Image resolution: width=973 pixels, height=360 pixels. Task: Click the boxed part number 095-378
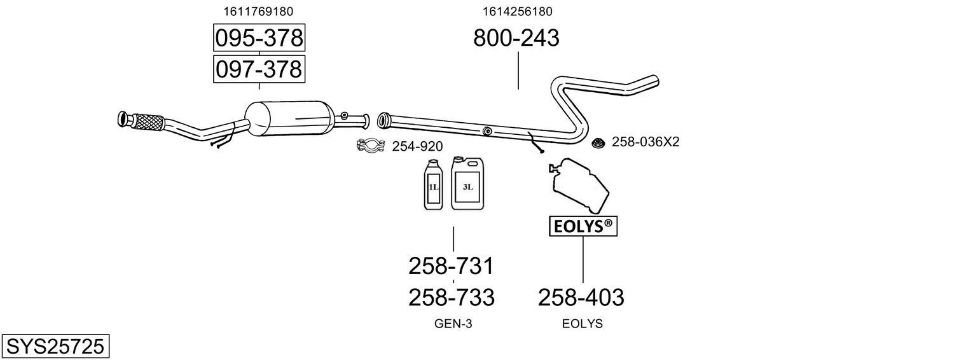(x=259, y=38)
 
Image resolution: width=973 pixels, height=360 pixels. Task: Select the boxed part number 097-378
(x=259, y=69)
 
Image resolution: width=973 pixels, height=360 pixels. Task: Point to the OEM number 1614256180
(x=517, y=11)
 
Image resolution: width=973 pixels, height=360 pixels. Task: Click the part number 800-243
(x=516, y=38)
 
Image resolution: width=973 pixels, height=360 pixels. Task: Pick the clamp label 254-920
(x=417, y=147)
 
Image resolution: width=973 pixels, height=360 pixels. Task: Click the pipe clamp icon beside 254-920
(x=370, y=147)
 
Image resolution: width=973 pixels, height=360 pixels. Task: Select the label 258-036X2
(x=645, y=142)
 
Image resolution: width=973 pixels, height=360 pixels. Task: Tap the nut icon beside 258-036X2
(x=597, y=142)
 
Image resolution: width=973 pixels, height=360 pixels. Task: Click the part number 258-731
(x=451, y=265)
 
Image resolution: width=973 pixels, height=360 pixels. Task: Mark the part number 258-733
(x=451, y=297)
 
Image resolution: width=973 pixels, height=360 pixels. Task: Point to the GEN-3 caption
(x=453, y=324)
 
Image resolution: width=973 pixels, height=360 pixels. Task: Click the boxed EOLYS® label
(x=583, y=226)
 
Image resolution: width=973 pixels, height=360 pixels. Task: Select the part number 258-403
(x=581, y=297)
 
